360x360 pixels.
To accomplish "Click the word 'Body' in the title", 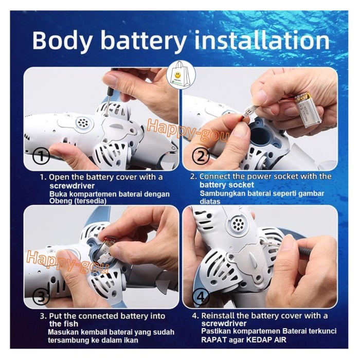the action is point(62,40).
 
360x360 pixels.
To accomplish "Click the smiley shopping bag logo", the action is point(182,75).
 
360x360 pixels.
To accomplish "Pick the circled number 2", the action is point(201,157).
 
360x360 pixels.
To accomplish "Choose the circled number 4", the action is point(201,297).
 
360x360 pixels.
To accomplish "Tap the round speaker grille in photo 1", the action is point(81,123).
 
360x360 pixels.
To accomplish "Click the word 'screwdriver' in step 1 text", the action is point(72,186).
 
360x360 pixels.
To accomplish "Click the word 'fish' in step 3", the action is point(71,324).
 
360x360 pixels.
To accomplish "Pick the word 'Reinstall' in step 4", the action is point(218,316).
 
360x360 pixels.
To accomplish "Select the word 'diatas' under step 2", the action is point(210,202).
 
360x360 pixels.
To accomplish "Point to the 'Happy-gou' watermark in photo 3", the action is point(67,262).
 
